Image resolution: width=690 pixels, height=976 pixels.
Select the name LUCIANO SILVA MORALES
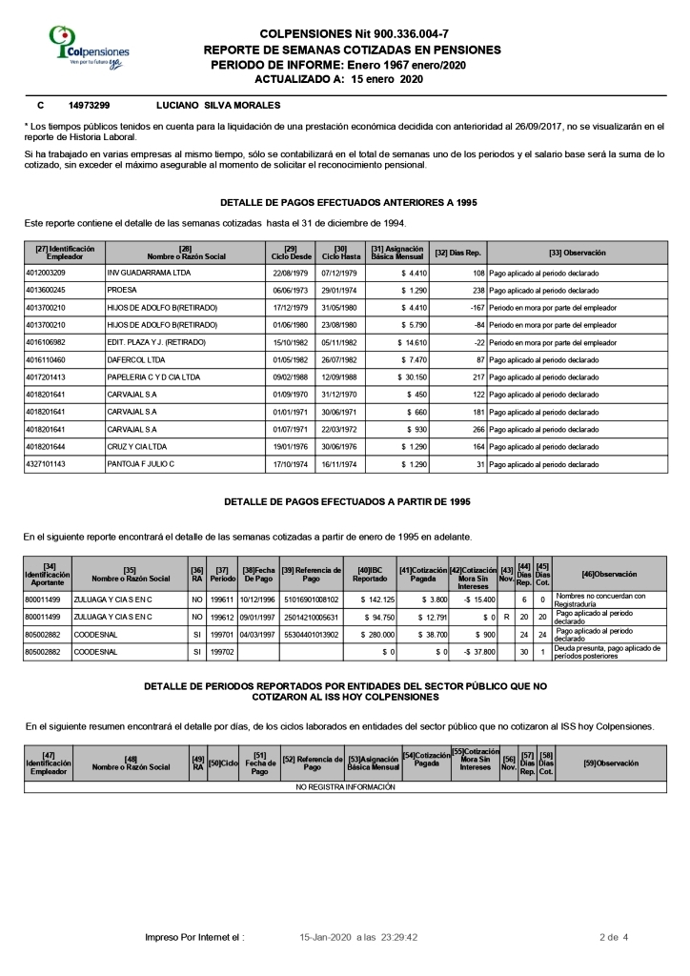[217, 105]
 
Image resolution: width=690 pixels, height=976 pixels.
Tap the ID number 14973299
[90, 105]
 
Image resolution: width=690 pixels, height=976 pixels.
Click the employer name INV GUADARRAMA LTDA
[149, 273]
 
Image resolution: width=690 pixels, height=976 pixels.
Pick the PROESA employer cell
[122, 289]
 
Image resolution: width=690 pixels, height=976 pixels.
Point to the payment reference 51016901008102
[312, 598]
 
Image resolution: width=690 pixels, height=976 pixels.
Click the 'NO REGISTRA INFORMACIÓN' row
[345, 787]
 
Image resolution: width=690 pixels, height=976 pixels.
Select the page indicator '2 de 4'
[613, 938]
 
